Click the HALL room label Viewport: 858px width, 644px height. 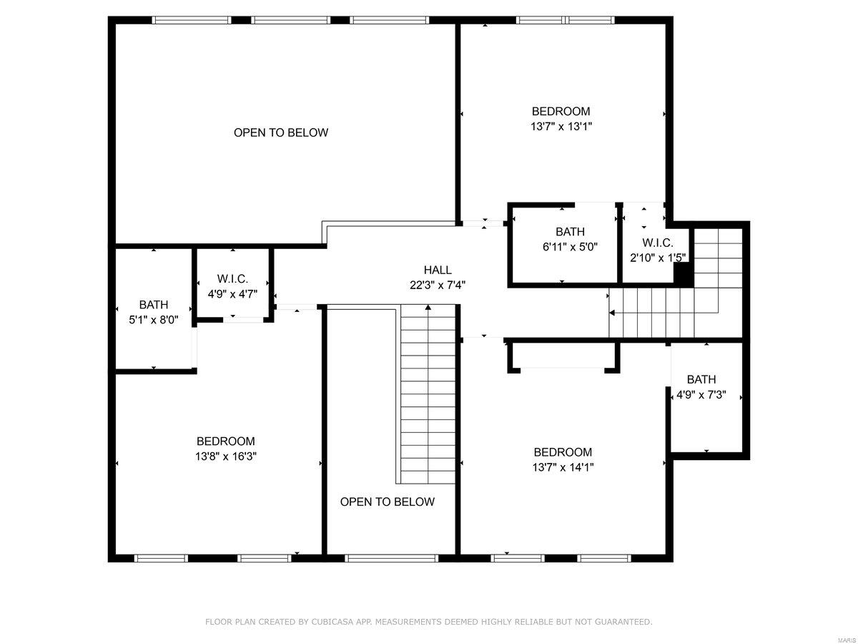438,270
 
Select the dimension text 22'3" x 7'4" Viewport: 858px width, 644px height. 438,285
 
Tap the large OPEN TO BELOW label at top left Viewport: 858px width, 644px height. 281,132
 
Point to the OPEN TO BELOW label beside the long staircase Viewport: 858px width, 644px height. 387,502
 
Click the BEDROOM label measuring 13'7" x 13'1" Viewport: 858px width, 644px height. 561,111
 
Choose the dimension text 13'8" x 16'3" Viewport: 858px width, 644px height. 226,457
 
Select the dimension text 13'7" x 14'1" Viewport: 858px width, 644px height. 563,467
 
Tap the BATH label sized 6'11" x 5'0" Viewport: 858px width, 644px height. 570,231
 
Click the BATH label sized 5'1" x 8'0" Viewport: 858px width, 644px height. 154,305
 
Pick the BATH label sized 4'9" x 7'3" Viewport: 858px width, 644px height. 701,379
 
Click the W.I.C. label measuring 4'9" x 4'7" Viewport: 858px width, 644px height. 232,278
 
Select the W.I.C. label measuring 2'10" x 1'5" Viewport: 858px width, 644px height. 657,242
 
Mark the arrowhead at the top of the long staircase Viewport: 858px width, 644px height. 428,308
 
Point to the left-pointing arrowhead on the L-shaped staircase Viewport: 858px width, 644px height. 612,312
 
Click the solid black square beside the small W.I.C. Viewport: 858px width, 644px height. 684,274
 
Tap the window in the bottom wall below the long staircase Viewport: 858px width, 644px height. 390,557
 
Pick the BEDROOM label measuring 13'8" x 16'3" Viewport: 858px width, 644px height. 226,441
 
